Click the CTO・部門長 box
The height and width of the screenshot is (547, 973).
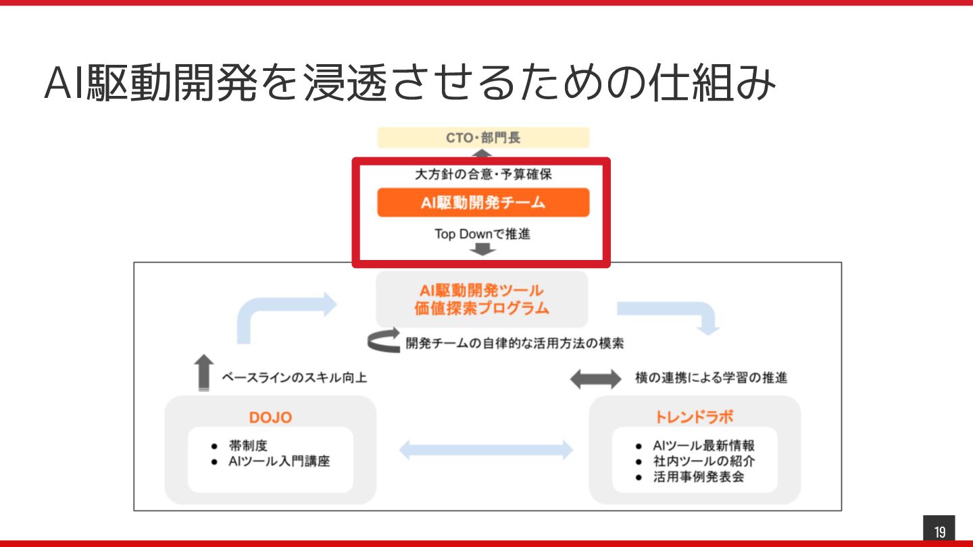click(x=483, y=138)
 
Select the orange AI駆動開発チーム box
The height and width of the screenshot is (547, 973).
click(x=483, y=203)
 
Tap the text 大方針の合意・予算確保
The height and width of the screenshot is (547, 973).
click(x=483, y=175)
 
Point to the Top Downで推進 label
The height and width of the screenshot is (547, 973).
click(x=482, y=234)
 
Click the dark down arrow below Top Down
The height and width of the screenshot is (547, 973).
click(x=482, y=250)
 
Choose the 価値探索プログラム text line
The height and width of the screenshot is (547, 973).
click(x=482, y=309)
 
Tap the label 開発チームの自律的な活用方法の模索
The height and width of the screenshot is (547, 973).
click(x=514, y=343)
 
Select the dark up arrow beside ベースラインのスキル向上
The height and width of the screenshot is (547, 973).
click(x=203, y=372)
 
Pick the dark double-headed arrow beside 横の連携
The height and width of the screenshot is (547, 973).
click(x=595, y=379)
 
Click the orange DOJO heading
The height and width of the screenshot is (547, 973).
click(x=270, y=417)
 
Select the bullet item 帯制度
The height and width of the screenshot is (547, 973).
click(x=249, y=446)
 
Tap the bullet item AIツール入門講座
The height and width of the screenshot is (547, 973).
click(x=279, y=462)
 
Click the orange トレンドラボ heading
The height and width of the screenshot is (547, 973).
click(x=695, y=417)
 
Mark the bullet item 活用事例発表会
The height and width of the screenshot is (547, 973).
click(x=699, y=477)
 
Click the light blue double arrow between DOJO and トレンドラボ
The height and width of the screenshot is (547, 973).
click(x=486, y=450)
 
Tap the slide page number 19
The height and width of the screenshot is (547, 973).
click(x=939, y=531)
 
